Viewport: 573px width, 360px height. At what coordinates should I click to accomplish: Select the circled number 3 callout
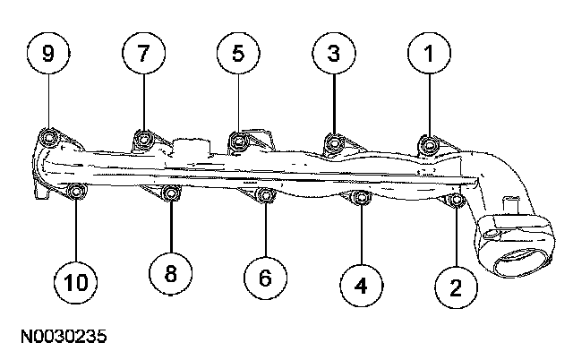coord(333,55)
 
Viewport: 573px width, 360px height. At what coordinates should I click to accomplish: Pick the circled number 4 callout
coord(361,285)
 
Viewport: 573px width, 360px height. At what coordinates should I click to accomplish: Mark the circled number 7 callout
coord(142,55)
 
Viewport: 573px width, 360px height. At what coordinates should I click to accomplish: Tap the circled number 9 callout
coord(48,55)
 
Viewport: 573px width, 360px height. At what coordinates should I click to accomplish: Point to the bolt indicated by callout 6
coord(264,196)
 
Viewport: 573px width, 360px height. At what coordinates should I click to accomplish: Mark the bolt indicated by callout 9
coord(49,138)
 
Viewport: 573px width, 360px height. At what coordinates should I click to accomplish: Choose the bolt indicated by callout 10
coord(76,191)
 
